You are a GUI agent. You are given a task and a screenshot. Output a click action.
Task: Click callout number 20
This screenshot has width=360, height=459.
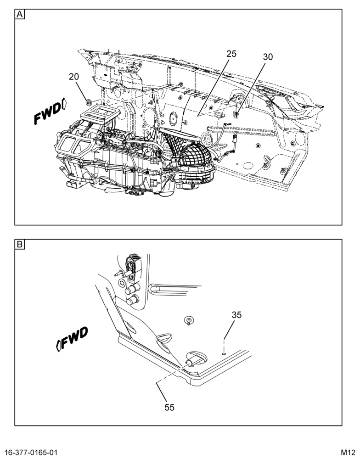tap(74, 77)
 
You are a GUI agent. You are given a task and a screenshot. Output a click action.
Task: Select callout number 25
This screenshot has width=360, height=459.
tap(231, 54)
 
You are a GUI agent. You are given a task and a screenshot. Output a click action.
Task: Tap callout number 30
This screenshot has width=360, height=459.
tap(268, 57)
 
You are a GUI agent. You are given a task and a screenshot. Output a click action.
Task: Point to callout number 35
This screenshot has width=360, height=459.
tap(236, 315)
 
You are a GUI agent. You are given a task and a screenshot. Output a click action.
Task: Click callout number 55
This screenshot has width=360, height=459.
tap(169, 407)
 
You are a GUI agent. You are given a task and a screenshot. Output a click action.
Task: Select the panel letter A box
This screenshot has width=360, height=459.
tap(20, 14)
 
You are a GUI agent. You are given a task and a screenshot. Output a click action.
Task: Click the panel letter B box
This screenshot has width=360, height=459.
tap(20, 244)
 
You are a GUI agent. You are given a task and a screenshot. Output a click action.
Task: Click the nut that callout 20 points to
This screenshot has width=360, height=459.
tap(88, 102)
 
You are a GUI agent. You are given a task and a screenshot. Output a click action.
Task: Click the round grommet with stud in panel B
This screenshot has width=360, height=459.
tap(189, 320)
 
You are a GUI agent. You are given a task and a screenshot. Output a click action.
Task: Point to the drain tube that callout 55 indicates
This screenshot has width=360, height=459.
tap(191, 362)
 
